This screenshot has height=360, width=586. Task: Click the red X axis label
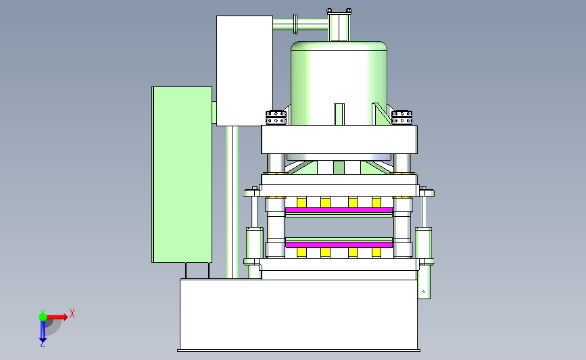[72, 313]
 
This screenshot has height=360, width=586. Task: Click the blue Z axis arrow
[43, 331]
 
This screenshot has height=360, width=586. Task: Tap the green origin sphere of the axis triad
[43, 317]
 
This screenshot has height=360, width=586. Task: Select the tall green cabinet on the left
[182, 174]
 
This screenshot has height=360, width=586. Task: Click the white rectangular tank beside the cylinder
[245, 70]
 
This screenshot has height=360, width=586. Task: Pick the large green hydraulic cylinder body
[339, 83]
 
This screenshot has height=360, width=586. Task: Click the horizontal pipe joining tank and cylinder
[301, 24]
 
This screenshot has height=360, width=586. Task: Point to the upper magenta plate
[339, 210]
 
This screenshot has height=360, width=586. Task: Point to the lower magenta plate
[339, 245]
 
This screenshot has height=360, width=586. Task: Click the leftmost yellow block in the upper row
[301, 203]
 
